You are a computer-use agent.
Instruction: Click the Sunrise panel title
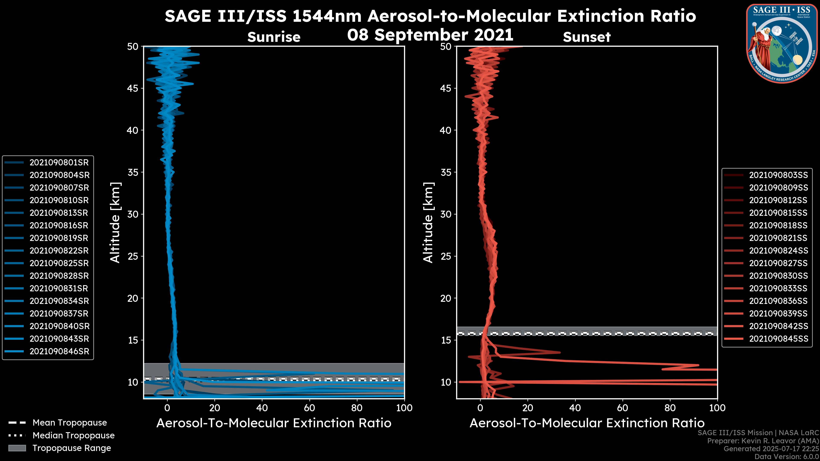click(274, 37)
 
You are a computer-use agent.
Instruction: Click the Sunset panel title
click(587, 37)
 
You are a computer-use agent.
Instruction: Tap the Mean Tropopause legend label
click(70, 423)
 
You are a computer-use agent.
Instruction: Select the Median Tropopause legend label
click(73, 436)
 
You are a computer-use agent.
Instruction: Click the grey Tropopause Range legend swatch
click(17, 448)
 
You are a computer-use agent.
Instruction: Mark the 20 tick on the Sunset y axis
click(446, 298)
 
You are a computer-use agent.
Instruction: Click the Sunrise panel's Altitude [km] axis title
click(115, 223)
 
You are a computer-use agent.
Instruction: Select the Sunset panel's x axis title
click(587, 423)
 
